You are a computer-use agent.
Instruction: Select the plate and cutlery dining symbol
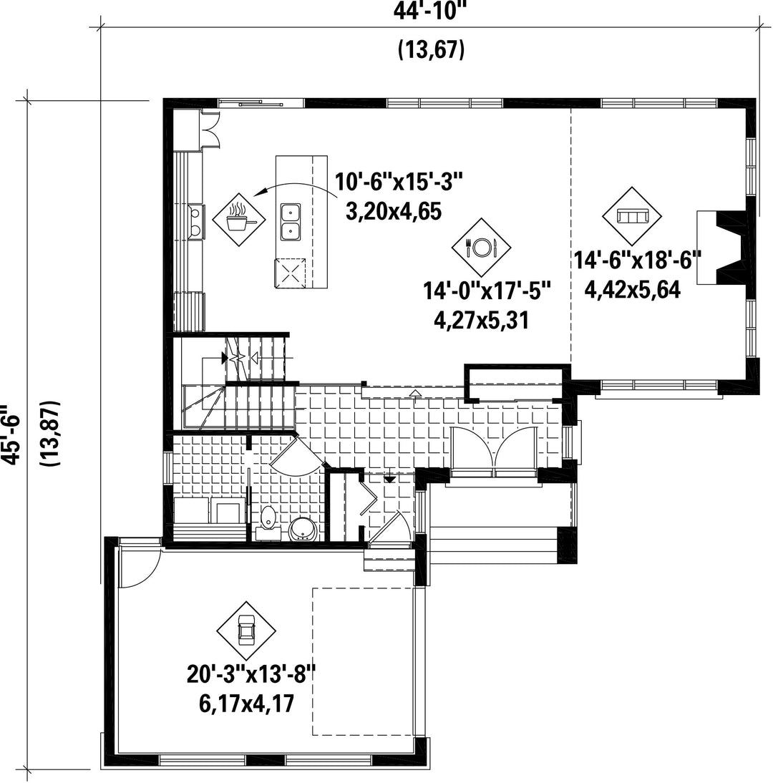pyautogui.click(x=482, y=247)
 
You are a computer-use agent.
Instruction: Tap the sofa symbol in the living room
pyautogui.click(x=632, y=216)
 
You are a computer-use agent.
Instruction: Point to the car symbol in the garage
pyautogui.click(x=246, y=631)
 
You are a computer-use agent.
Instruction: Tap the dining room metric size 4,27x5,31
pyautogui.click(x=482, y=320)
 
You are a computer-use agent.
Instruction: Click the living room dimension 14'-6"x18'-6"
pyautogui.click(x=638, y=261)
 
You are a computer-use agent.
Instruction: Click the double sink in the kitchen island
pyautogui.click(x=290, y=222)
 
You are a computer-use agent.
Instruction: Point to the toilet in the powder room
pyautogui.click(x=268, y=521)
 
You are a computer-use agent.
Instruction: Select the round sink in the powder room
pyautogui.click(x=303, y=529)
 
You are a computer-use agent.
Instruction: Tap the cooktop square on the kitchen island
pyautogui.click(x=290, y=273)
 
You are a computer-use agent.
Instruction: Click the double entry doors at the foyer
pyautogui.click(x=493, y=449)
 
